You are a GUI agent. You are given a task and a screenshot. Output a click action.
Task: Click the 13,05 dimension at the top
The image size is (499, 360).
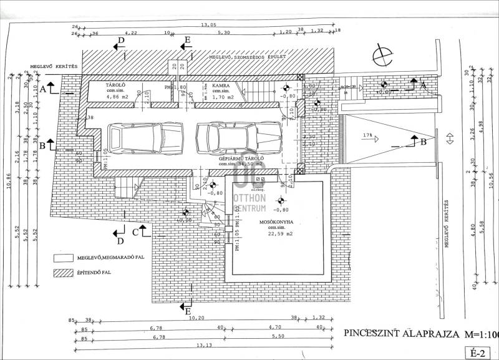point(208,24)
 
